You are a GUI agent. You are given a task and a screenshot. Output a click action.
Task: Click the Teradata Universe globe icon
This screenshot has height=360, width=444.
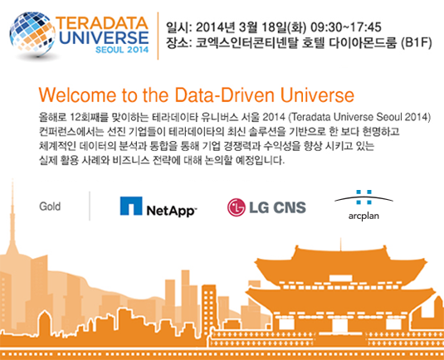point(32,33)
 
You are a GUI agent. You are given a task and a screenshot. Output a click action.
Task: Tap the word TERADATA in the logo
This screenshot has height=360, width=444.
point(102,23)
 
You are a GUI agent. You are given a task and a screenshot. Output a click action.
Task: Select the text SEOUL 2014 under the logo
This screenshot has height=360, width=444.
point(122,50)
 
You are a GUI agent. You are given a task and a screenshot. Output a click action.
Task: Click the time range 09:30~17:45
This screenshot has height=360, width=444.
point(346,27)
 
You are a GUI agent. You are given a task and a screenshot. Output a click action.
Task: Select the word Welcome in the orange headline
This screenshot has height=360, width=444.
point(77,95)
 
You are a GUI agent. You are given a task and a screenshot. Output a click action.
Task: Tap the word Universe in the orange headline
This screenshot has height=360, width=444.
point(317,95)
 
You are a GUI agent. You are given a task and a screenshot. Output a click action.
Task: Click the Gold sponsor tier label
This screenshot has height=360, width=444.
point(50,207)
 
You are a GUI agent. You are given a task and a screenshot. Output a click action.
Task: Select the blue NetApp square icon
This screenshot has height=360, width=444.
point(131,206)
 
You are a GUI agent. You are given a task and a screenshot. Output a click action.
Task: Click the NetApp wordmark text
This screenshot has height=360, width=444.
point(171,211)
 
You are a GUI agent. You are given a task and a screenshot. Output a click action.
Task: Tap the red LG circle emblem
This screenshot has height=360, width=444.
point(237,207)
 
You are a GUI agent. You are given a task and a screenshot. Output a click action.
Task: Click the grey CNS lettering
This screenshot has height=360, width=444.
point(290,207)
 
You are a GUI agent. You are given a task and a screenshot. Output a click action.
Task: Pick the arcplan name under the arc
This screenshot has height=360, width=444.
point(363,216)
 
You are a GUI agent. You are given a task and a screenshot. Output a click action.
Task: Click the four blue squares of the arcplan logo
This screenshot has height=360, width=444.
point(363,197)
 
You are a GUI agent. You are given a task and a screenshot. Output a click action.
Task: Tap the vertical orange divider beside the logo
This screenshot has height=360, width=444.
point(158,36)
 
